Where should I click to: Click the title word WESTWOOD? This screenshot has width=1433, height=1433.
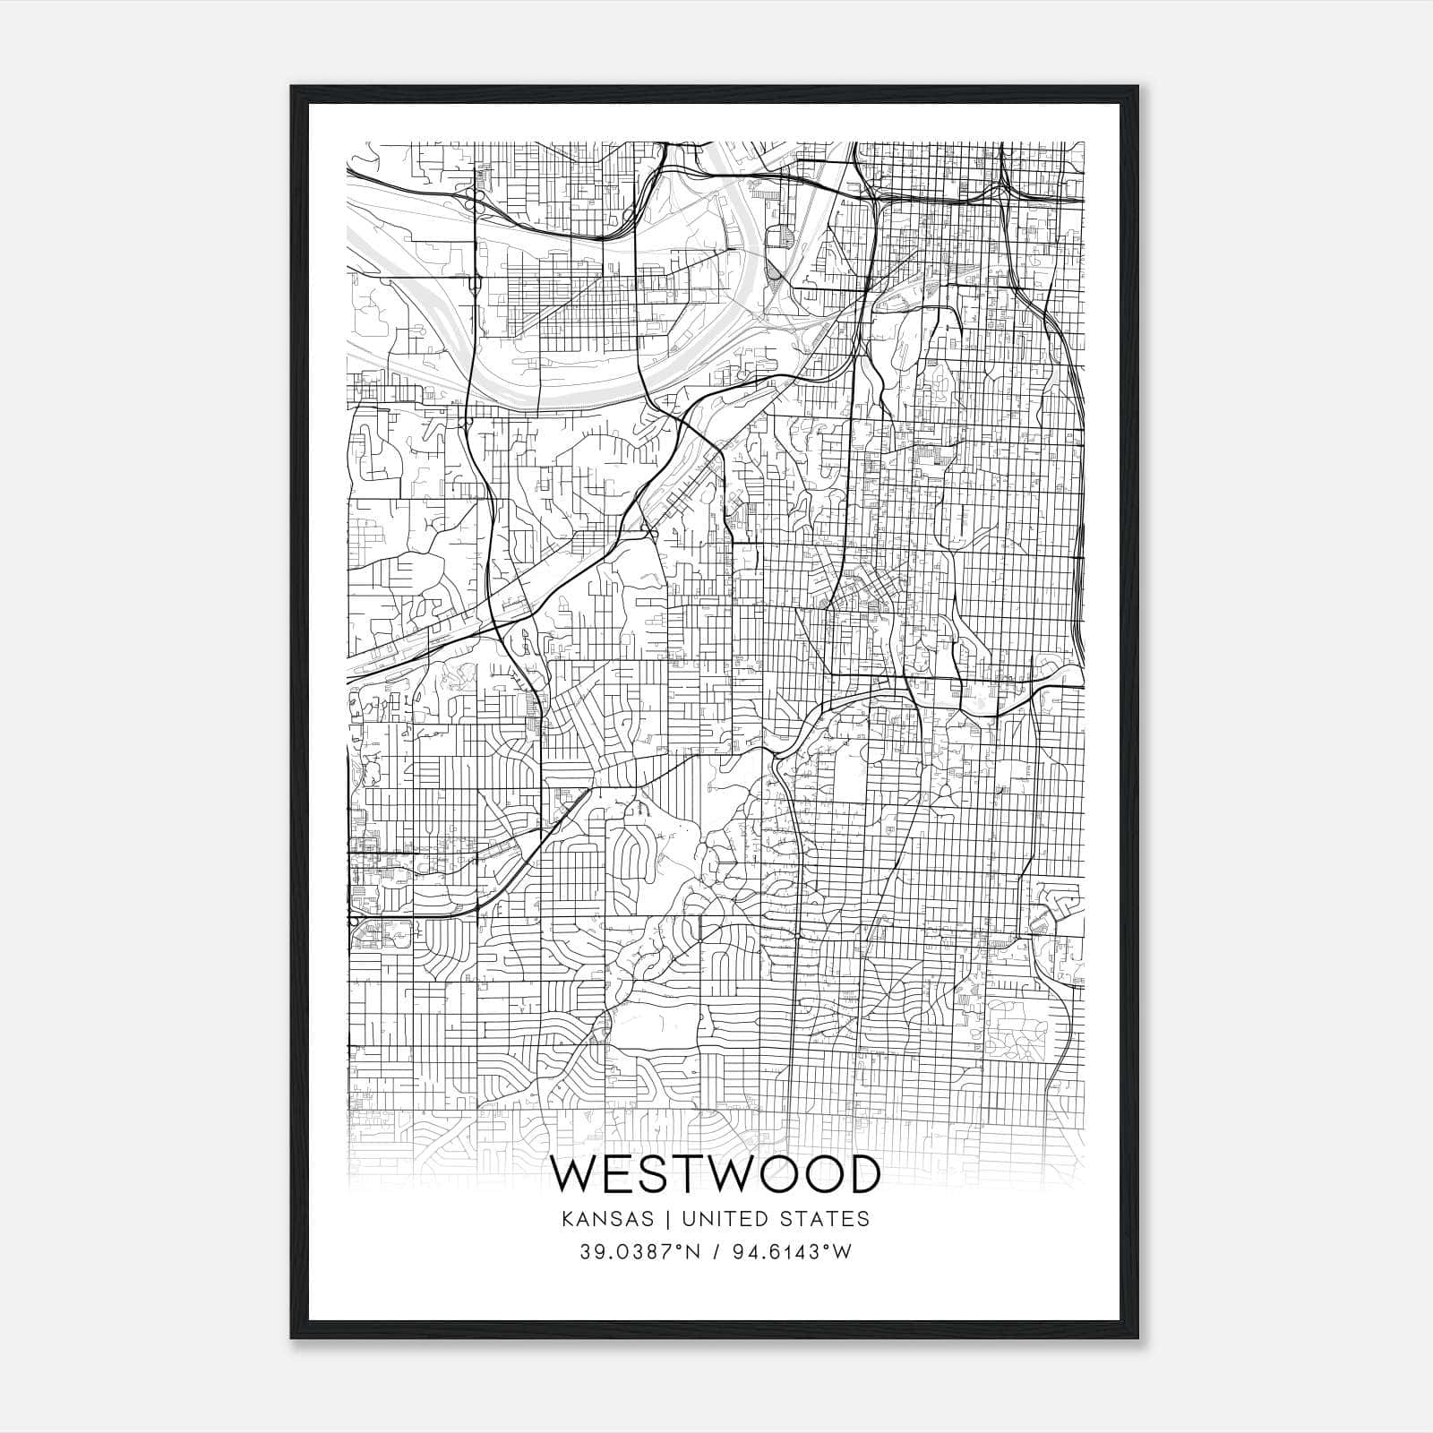tap(716, 1175)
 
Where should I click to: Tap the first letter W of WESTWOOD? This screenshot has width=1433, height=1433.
tap(574, 1175)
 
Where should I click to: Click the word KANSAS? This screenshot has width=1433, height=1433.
tap(614, 1219)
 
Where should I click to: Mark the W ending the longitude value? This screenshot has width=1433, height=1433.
tap(843, 1252)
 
